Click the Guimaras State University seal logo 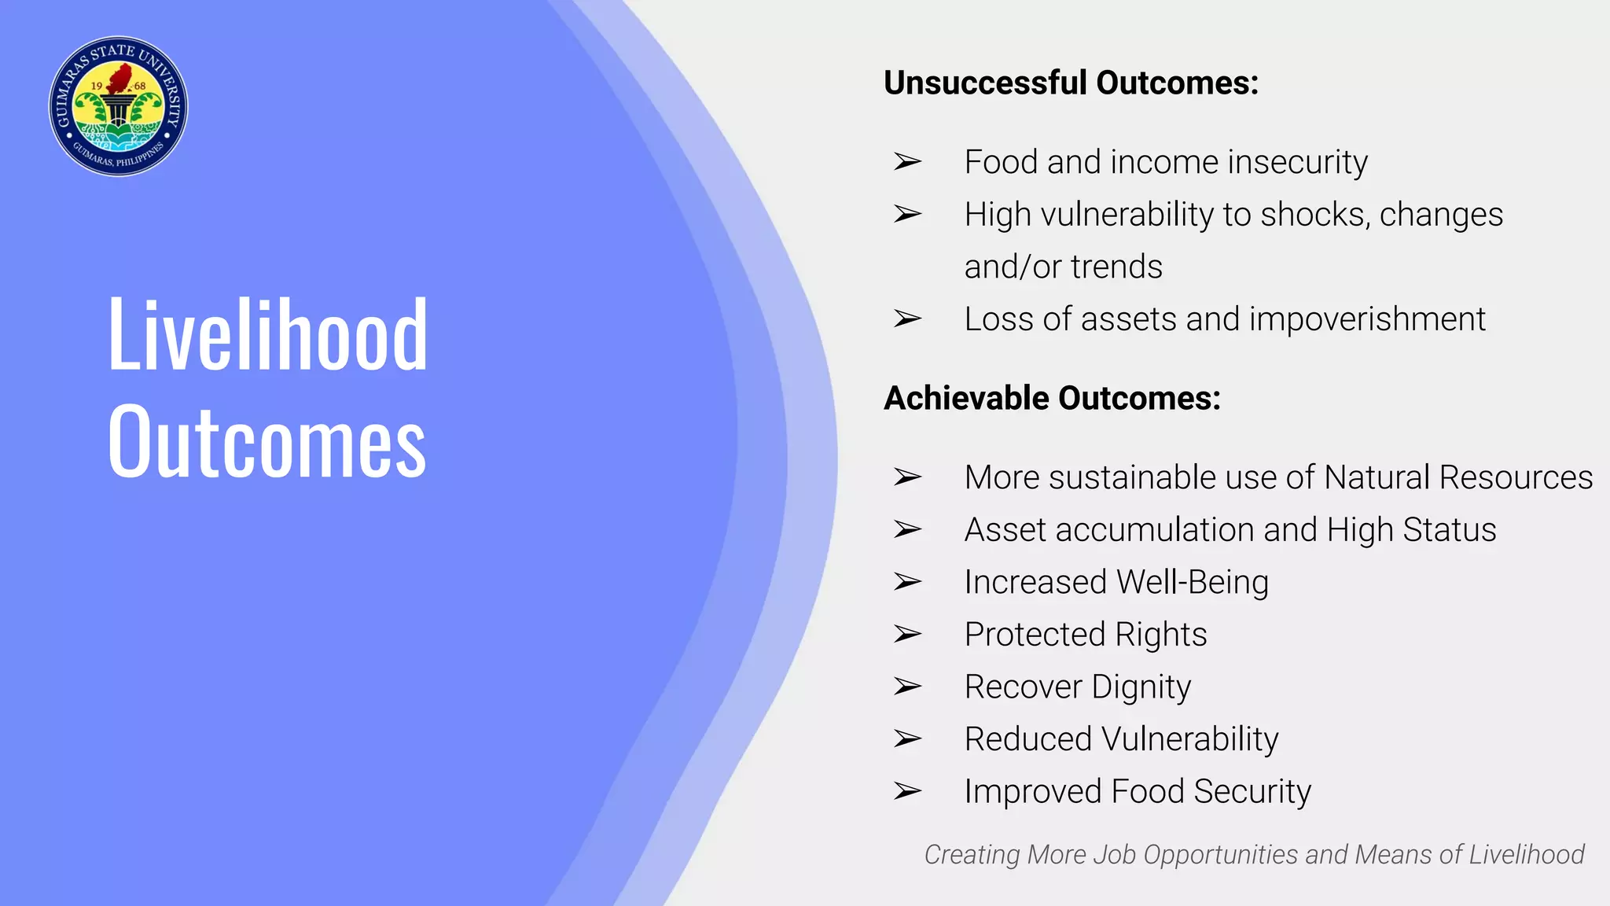pyautogui.click(x=118, y=106)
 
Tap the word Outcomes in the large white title pyautogui.click(x=267, y=442)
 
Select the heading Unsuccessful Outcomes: pyautogui.click(x=1071, y=83)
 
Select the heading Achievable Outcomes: pyautogui.click(x=1052, y=399)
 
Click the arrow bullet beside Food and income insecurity pyautogui.click(x=907, y=162)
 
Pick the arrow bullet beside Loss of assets pyautogui.click(x=907, y=319)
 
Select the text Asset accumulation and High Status pyautogui.click(x=1230, y=530)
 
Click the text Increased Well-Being pyautogui.click(x=1116, y=583)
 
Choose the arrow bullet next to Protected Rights pyautogui.click(x=907, y=634)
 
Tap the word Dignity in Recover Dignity pyautogui.click(x=1141, y=687)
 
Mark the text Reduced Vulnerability pyautogui.click(x=1121, y=739)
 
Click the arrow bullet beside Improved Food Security pyautogui.click(x=907, y=791)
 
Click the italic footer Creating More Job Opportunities pyautogui.click(x=1253, y=855)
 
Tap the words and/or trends pyautogui.click(x=1063, y=267)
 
